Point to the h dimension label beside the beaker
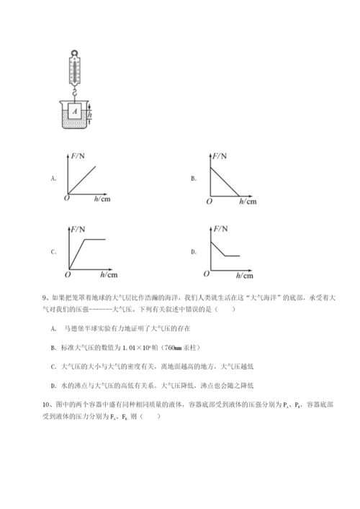coord(91,112)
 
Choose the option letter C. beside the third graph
coord(53,251)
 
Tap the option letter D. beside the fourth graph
coord(194,251)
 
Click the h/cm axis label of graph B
coord(247,203)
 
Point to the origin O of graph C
coord(66,275)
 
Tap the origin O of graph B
coord(209,202)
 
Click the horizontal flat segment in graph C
coord(96,239)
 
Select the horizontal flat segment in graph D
coord(233,256)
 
